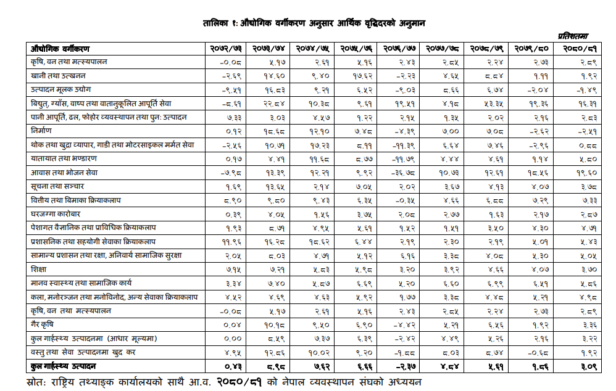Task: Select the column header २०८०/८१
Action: pyautogui.click(x=578, y=48)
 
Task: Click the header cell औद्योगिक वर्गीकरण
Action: pyautogui.click(x=60, y=48)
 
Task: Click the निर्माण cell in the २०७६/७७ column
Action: pyautogui.click(x=403, y=131)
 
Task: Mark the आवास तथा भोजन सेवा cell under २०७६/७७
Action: pyautogui.click(x=403, y=172)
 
